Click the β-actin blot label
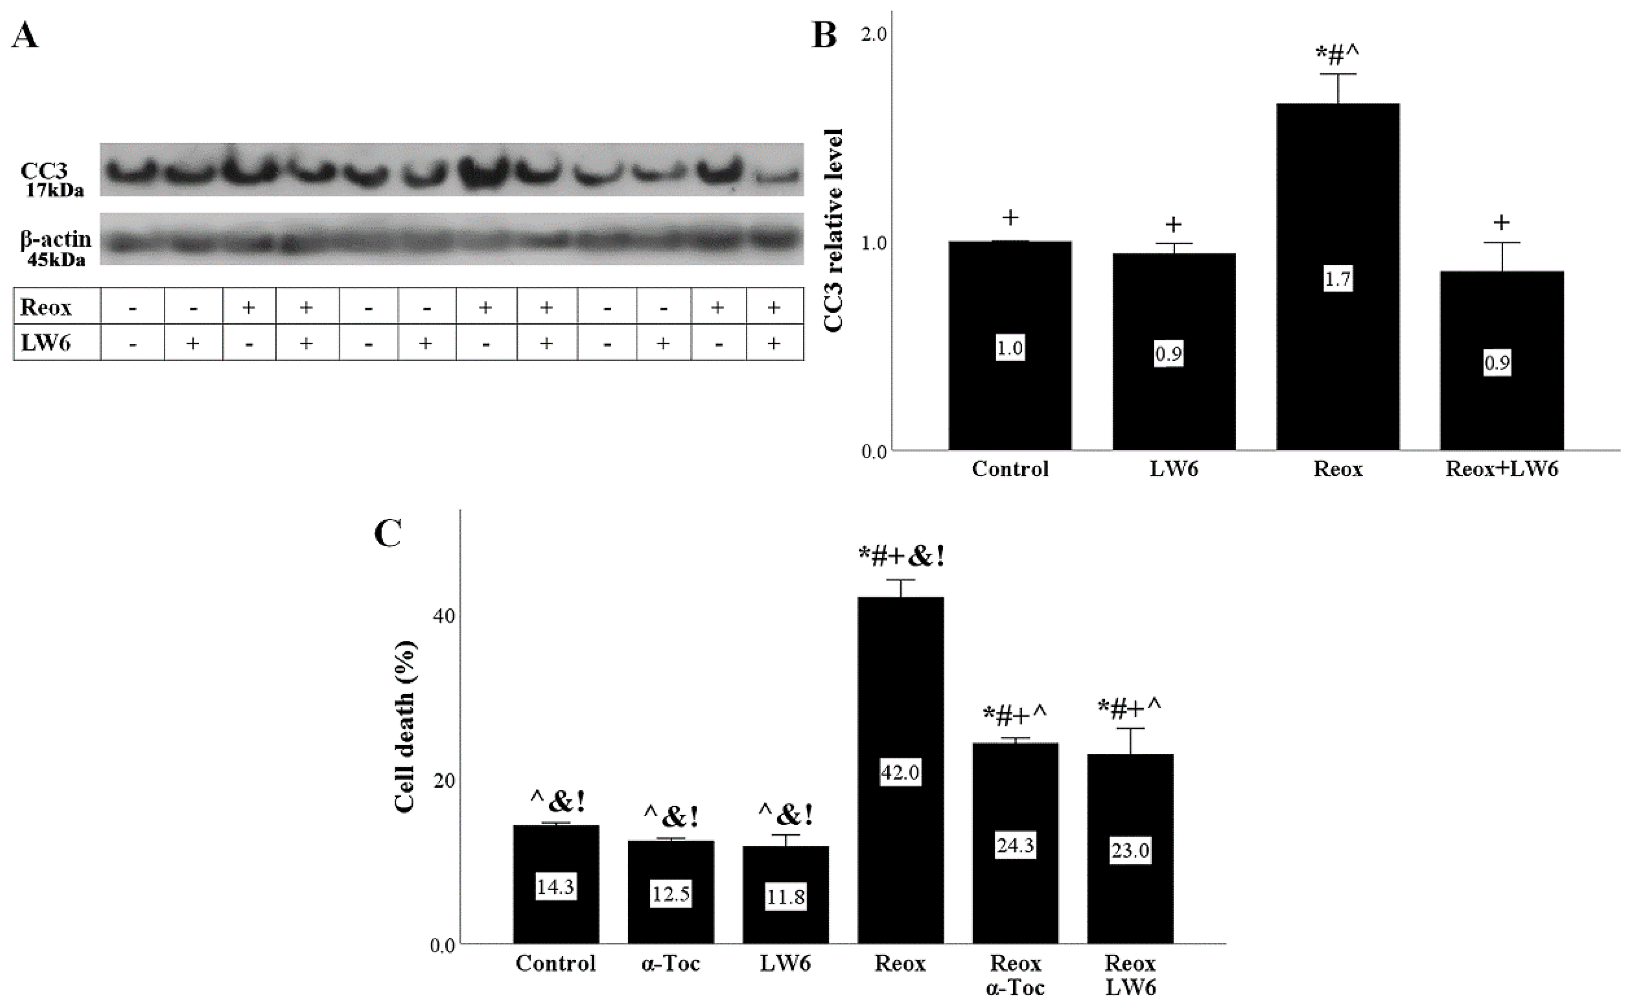[x=56, y=239]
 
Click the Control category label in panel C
[x=556, y=963]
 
